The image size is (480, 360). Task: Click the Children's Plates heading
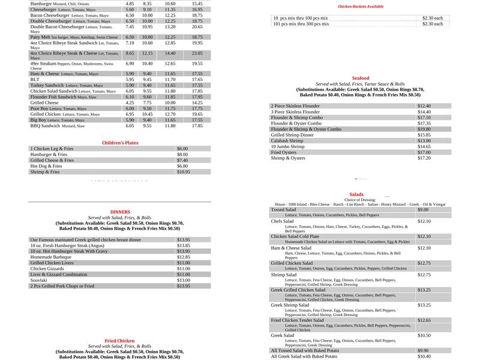pos(120,143)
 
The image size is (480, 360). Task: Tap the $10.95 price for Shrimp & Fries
pos(183,172)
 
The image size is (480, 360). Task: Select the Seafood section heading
pos(361,79)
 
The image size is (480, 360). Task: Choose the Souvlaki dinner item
pos(40,280)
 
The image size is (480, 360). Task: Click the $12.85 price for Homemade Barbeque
pos(183,257)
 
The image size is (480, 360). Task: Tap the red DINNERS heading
pos(120,212)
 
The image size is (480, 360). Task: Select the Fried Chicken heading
pos(120,341)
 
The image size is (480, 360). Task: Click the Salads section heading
pos(356,194)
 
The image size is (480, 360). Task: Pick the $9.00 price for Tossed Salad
pos(423,209)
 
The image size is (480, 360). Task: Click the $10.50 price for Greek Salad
pos(424,335)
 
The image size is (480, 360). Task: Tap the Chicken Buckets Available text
pos(361,7)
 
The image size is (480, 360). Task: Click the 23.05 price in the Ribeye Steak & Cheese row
pos(197,53)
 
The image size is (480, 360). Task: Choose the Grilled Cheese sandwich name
pos(45,103)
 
